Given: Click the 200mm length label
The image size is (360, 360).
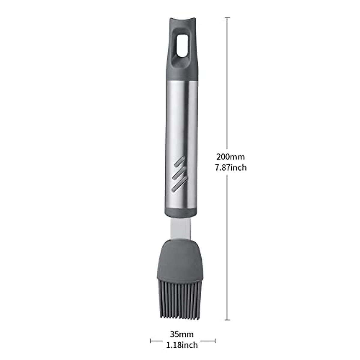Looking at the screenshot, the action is [x=230, y=157].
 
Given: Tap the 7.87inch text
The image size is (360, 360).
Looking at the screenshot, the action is [x=231, y=168].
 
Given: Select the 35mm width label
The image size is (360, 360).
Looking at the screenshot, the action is [x=181, y=334].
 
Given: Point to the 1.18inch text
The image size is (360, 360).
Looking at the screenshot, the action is [x=182, y=345].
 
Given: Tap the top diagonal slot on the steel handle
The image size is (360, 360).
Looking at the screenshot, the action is [x=179, y=162].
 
